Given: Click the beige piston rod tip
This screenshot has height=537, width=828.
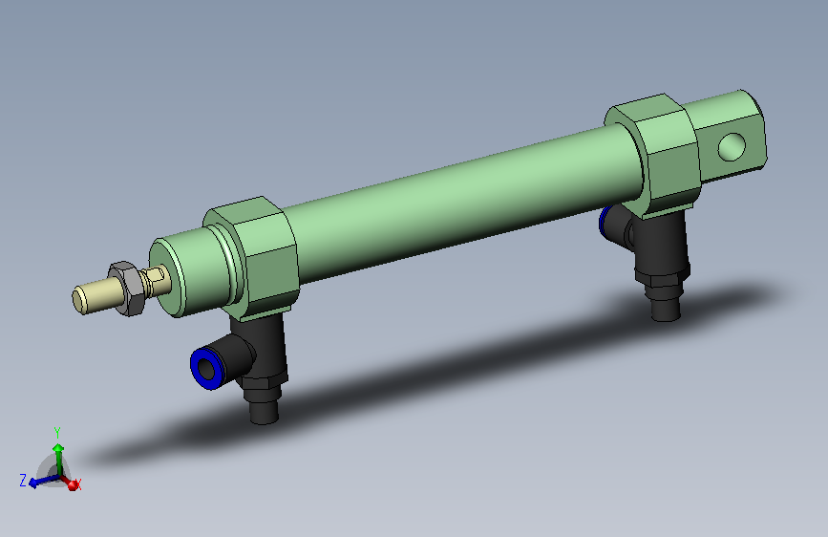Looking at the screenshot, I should click(x=92, y=296).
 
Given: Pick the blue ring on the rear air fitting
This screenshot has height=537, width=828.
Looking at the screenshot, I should click(x=605, y=222).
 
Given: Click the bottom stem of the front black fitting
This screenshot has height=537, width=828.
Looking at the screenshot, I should click(x=263, y=411).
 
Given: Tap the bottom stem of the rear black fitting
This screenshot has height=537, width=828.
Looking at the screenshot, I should click(x=666, y=309).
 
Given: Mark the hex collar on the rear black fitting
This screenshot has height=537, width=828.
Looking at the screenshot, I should click(x=663, y=283).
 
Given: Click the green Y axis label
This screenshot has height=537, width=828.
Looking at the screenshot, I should click(x=57, y=432).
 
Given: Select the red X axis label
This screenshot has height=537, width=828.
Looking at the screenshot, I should click(x=78, y=485).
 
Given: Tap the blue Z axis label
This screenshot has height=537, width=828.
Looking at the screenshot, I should click(x=22, y=480).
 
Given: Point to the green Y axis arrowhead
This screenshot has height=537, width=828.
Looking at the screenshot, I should click(x=58, y=447).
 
